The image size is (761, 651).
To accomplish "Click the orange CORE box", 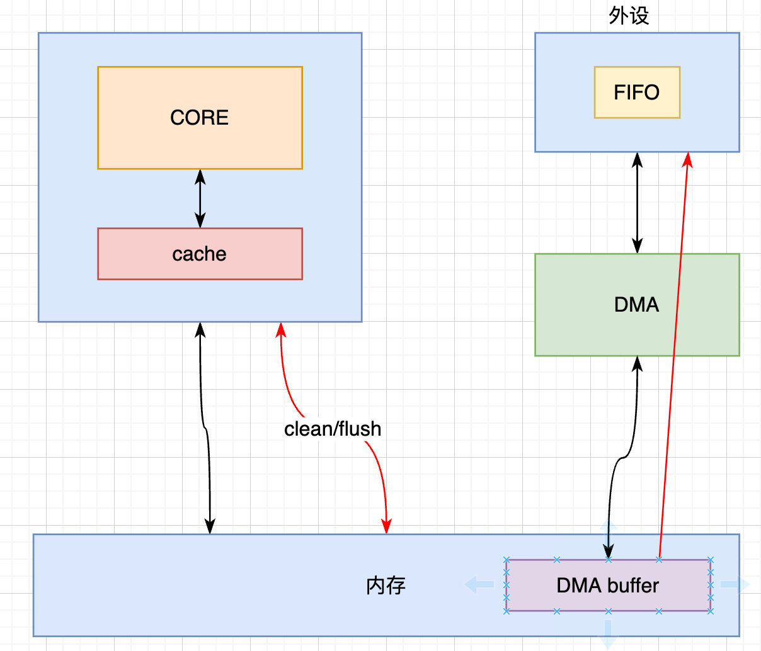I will pyautogui.click(x=200, y=118).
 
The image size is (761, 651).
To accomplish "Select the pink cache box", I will pyautogui.click(x=200, y=254).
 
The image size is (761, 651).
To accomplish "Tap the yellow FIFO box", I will pyautogui.click(x=637, y=93).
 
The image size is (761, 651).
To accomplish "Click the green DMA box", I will pyautogui.click(x=637, y=305).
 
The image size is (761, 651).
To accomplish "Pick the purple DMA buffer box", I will pyautogui.click(x=608, y=586).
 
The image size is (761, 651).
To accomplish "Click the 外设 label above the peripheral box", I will pyautogui.click(x=629, y=16).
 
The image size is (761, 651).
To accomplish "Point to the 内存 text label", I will pyautogui.click(x=386, y=586).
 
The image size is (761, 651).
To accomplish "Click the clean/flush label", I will pyautogui.click(x=333, y=429).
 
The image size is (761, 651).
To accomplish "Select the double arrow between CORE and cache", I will pyautogui.click(x=200, y=198).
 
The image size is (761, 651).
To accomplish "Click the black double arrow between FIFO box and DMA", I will pyautogui.click(x=637, y=203).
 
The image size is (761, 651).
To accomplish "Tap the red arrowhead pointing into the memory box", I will pyautogui.click(x=387, y=526).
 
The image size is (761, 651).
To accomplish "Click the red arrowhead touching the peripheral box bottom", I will pyautogui.click(x=688, y=159).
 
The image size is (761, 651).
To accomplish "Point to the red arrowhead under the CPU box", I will pyautogui.click(x=281, y=330).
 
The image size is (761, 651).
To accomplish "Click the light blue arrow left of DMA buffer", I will pyautogui.click(x=479, y=585).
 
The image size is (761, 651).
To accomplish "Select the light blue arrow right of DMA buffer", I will pyautogui.click(x=735, y=585).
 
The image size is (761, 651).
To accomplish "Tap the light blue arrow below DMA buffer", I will pyautogui.click(x=608, y=635).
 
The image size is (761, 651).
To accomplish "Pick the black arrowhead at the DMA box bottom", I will pyautogui.click(x=637, y=364).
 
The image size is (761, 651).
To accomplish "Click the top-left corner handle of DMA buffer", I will pyautogui.click(x=506, y=559).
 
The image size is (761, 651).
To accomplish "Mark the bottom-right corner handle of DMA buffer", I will pyautogui.click(x=711, y=611).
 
